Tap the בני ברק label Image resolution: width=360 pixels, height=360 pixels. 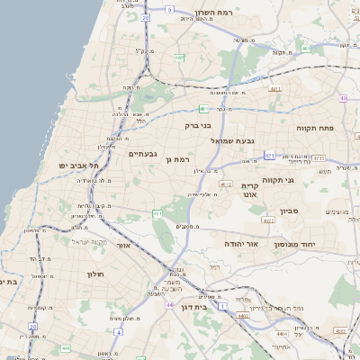(197, 126)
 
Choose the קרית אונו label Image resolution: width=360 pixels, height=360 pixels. (249, 189)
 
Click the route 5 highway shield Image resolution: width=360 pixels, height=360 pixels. (169, 9)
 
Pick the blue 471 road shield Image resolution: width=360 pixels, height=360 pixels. (269, 156)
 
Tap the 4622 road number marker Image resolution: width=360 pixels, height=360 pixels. (268, 219)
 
